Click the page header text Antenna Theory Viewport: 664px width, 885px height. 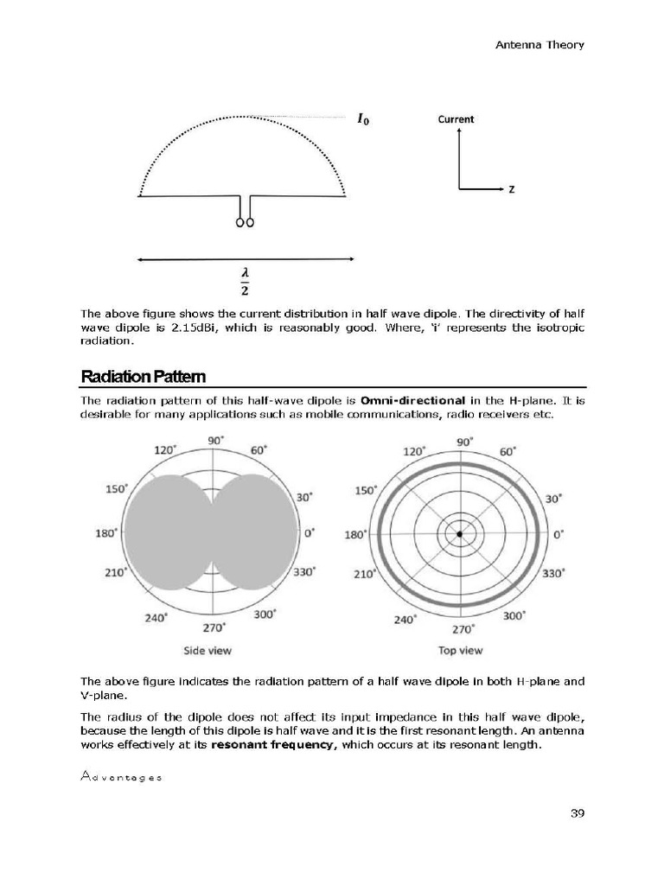[539, 45]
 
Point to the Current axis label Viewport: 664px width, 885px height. [456, 119]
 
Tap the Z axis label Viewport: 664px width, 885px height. [512, 188]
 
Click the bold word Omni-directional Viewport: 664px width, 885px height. [413, 401]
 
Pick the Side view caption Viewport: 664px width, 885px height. [207, 650]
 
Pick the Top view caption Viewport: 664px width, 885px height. [460, 650]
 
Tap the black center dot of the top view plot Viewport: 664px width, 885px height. [460, 535]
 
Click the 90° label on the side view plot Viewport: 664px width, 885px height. [215, 440]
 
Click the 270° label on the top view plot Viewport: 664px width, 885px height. [465, 630]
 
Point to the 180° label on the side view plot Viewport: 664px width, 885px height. [106, 533]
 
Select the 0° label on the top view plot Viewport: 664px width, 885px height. [558, 535]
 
